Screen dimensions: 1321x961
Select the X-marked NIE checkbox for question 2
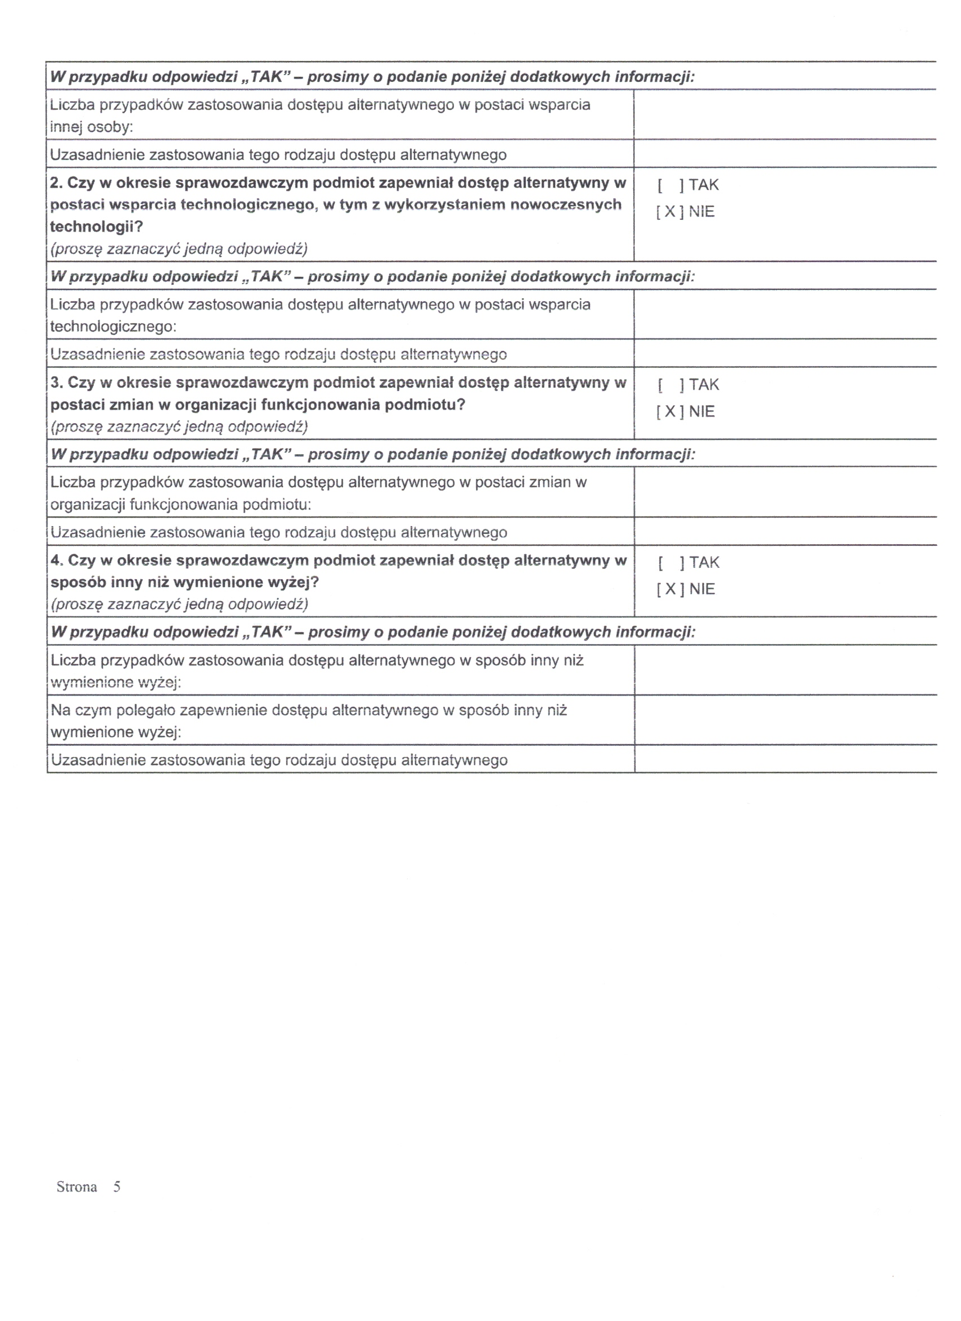(670, 212)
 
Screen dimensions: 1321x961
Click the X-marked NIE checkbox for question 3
(670, 412)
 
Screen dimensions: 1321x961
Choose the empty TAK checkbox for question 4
(670, 563)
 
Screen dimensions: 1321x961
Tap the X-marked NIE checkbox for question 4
(670, 589)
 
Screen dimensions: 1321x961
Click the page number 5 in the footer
(117, 1187)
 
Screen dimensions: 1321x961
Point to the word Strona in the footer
(76, 1187)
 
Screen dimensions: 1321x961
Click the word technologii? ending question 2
(96, 227)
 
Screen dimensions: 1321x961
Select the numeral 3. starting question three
(56, 383)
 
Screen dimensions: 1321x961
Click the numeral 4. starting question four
(57, 560)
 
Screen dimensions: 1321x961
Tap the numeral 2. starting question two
(56, 183)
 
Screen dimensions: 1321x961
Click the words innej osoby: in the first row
(92, 127)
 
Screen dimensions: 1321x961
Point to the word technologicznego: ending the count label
(113, 327)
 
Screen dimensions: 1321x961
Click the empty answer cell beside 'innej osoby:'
(784, 115)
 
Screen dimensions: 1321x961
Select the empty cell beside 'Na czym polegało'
(784, 720)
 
